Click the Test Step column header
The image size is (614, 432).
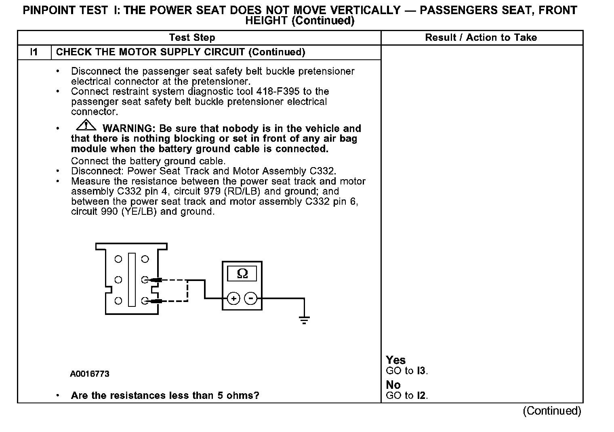192,38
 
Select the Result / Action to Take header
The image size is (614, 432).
481,38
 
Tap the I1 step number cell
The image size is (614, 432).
34,52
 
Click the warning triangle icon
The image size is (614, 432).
86,126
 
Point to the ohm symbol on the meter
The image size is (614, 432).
242,274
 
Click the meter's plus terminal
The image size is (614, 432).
233,299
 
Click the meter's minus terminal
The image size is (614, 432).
251,299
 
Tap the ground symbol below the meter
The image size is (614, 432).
304,321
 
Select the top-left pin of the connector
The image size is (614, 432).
118,259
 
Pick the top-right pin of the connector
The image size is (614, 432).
145,259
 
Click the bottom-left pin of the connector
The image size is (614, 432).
118,301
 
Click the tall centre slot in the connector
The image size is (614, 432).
132,279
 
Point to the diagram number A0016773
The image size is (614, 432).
90,374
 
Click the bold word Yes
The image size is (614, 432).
395,360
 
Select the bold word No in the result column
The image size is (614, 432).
393,385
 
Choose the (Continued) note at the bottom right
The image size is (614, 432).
552,411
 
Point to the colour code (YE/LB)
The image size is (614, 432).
139,212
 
